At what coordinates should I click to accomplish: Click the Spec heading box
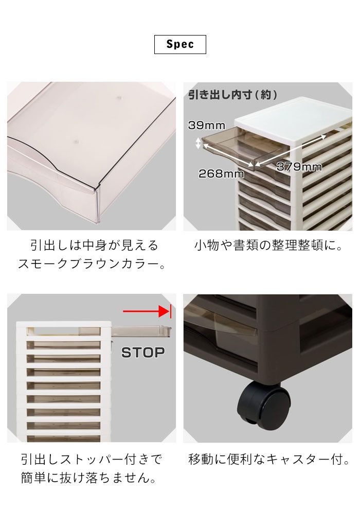pyautogui.click(x=180, y=44)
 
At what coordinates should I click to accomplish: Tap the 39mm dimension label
pyautogui.click(x=207, y=126)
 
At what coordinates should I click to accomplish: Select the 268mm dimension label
pyautogui.click(x=221, y=174)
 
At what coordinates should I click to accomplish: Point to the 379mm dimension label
pyautogui.click(x=299, y=167)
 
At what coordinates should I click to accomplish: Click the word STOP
pyautogui.click(x=143, y=353)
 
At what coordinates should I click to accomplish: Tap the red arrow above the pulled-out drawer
pyautogui.click(x=147, y=311)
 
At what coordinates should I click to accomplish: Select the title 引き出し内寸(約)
pyautogui.click(x=232, y=95)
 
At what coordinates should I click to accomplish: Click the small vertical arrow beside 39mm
pyautogui.click(x=198, y=143)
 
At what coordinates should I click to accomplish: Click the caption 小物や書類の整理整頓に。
pyautogui.click(x=268, y=246)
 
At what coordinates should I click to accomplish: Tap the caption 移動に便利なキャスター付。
pyautogui.click(x=269, y=459)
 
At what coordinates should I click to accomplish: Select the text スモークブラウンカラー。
pyautogui.click(x=92, y=264)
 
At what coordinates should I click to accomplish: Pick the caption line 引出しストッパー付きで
pyautogui.click(x=92, y=459)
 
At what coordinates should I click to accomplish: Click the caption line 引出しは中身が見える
pyautogui.click(x=94, y=246)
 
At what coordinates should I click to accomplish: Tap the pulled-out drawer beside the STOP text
pyautogui.click(x=141, y=331)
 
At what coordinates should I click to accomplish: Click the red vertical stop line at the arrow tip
pyautogui.click(x=170, y=311)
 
